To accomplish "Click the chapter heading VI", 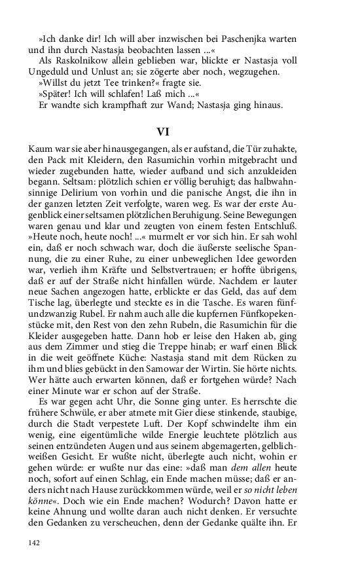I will click(180, 131).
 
